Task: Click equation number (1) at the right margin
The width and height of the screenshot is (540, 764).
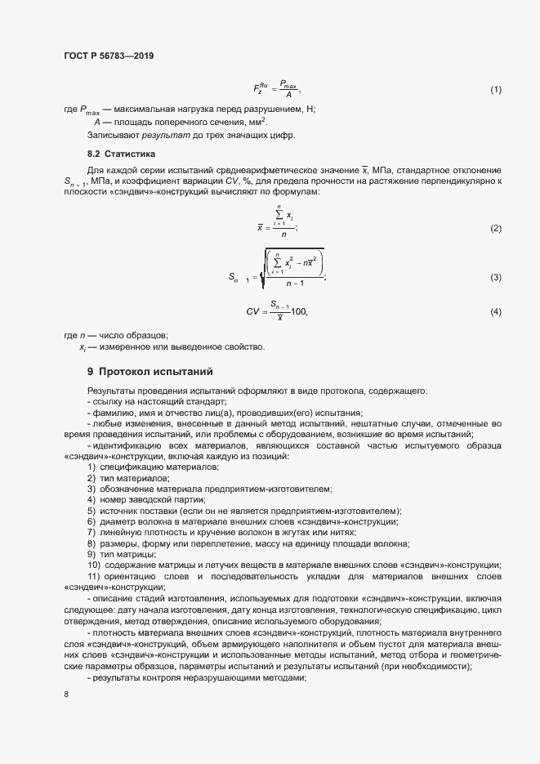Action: tap(495, 88)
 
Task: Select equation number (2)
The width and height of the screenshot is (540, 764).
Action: tap(495, 229)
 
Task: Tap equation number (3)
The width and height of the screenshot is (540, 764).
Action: tap(495, 278)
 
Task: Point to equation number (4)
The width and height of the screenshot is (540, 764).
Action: tap(495, 312)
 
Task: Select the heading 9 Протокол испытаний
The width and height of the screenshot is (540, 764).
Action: tap(150, 371)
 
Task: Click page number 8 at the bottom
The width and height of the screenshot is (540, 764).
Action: tap(65, 695)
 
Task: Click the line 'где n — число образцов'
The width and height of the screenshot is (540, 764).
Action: tap(115, 336)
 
